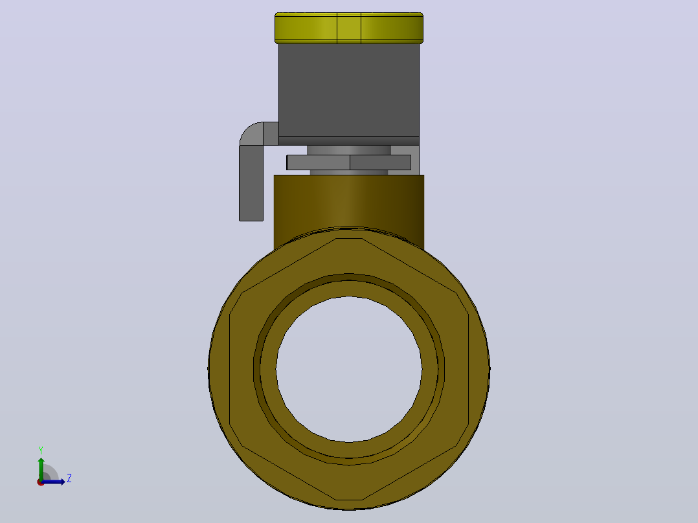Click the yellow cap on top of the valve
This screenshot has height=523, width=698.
click(x=349, y=28)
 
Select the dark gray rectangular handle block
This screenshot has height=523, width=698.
click(x=349, y=90)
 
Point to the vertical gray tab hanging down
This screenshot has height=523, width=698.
click(x=251, y=183)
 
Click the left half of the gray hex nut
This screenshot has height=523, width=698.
click(x=319, y=162)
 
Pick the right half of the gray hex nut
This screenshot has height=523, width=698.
click(x=380, y=162)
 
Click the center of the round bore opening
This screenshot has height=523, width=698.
click(x=349, y=369)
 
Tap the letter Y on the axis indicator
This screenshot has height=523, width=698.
click(x=41, y=451)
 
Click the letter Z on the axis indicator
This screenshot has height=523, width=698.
click(x=69, y=478)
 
